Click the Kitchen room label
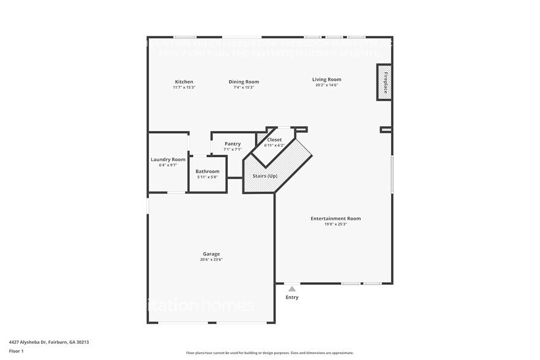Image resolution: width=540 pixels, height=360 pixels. pyautogui.click(x=184, y=81)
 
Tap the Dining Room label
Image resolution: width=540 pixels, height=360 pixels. pyautogui.click(x=244, y=81)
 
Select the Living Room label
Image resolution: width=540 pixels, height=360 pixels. pyautogui.click(x=326, y=79)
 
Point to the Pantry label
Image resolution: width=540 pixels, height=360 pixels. pyautogui.click(x=233, y=143)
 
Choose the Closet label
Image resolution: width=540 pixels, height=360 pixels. pyautogui.click(x=274, y=140)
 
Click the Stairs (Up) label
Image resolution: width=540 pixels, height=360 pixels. pyautogui.click(x=265, y=176)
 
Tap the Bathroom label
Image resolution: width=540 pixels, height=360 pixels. pyautogui.click(x=208, y=171)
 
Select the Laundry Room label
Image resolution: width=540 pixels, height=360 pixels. pyautogui.click(x=168, y=159)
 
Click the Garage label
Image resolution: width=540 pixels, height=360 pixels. pyautogui.click(x=211, y=253)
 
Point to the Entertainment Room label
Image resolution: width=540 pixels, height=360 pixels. pyautogui.click(x=336, y=219)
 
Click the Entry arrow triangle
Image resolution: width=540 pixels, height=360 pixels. pyautogui.click(x=292, y=289)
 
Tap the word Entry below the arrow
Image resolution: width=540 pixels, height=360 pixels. pyautogui.click(x=292, y=298)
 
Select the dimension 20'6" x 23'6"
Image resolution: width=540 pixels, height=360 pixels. pyautogui.click(x=211, y=260)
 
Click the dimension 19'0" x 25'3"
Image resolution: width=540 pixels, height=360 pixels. pyautogui.click(x=336, y=224)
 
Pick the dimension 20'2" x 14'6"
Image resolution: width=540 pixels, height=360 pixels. pyautogui.click(x=326, y=85)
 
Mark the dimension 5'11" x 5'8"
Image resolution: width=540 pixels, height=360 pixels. pyautogui.click(x=208, y=177)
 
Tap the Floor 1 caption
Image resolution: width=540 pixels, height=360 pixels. pyautogui.click(x=16, y=351)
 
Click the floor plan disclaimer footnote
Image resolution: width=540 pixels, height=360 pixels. pyautogui.click(x=269, y=353)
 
